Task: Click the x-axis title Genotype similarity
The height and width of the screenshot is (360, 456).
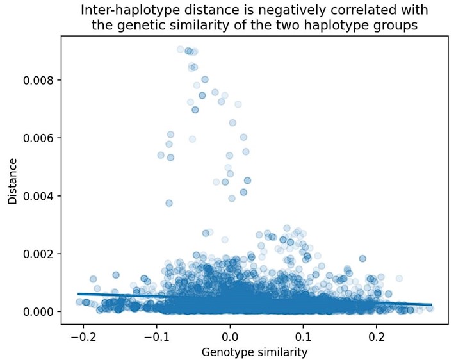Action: [x=254, y=352]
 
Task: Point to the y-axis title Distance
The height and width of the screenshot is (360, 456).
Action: [x=13, y=181]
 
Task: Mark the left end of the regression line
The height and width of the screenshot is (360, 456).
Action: [x=78, y=294]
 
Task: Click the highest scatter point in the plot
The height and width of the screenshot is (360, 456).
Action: [x=181, y=49]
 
